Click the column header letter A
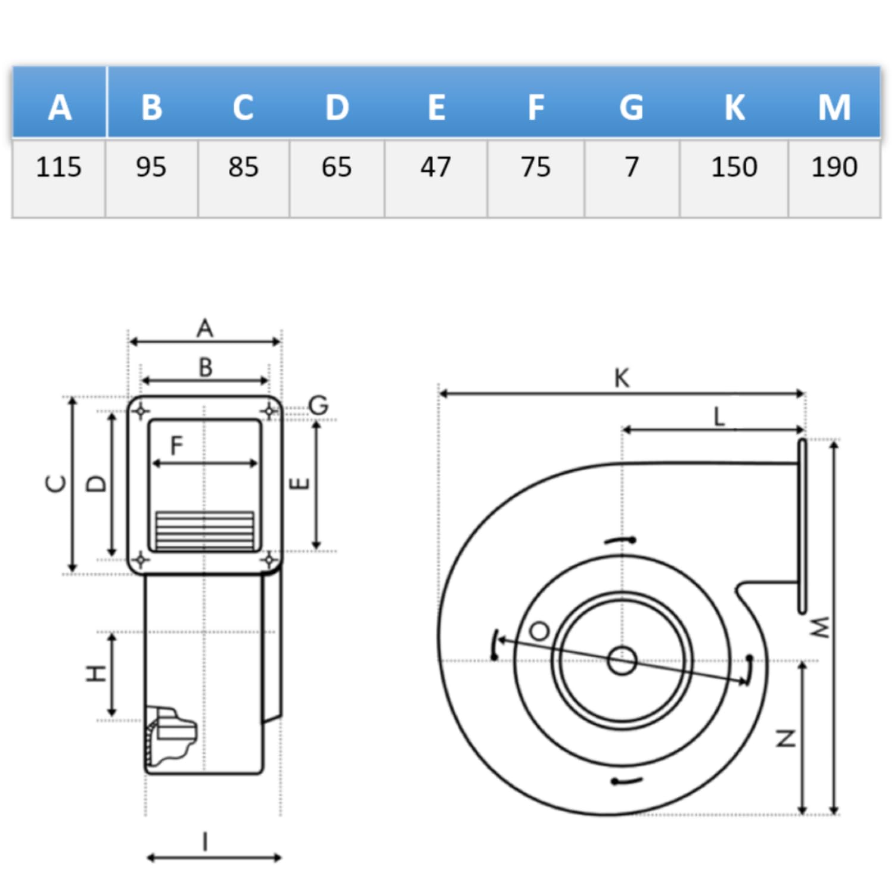pos(60,108)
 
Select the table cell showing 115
pos(58,167)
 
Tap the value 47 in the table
pos(436,167)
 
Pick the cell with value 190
pos(834,167)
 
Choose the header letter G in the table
pos(631,108)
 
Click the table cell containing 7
pos(632,167)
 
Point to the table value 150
pos(734,167)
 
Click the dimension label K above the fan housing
pos(622,378)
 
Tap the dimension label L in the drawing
pos(719,417)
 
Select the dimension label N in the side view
pos(786,738)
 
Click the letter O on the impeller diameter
pos(539,631)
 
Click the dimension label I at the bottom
pos(206,842)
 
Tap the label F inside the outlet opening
pos(176,445)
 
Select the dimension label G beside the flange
pos(319,405)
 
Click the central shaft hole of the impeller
pos(622,661)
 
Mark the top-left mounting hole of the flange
pos(141,411)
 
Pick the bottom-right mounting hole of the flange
pos(269,560)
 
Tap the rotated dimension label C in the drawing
pos(57,483)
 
